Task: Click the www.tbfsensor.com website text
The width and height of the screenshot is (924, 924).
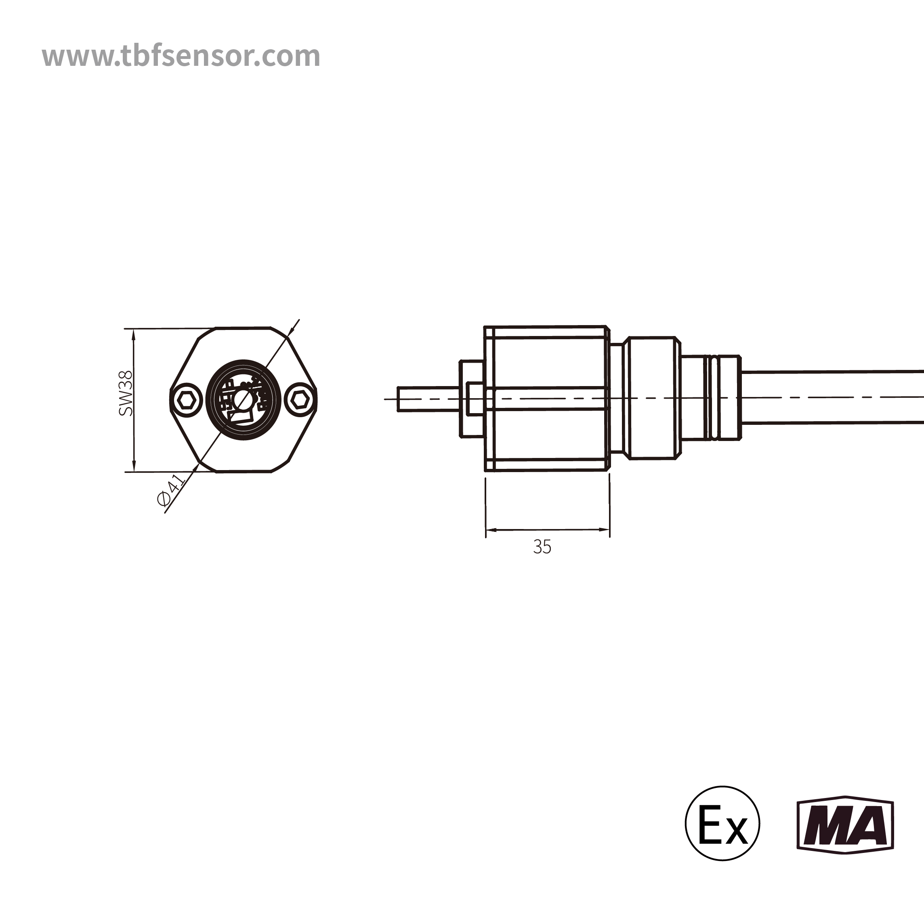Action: click(181, 56)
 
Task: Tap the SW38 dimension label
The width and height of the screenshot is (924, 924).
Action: click(126, 393)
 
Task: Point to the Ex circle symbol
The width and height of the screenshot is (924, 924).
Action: click(722, 823)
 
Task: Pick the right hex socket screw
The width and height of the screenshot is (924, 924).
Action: click(300, 399)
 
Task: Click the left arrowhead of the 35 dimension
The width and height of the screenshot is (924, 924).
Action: click(490, 530)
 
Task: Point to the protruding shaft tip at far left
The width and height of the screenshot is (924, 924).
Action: click(407, 399)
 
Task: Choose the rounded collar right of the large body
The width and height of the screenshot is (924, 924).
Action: click(653, 398)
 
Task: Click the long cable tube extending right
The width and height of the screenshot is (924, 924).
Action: click(832, 397)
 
